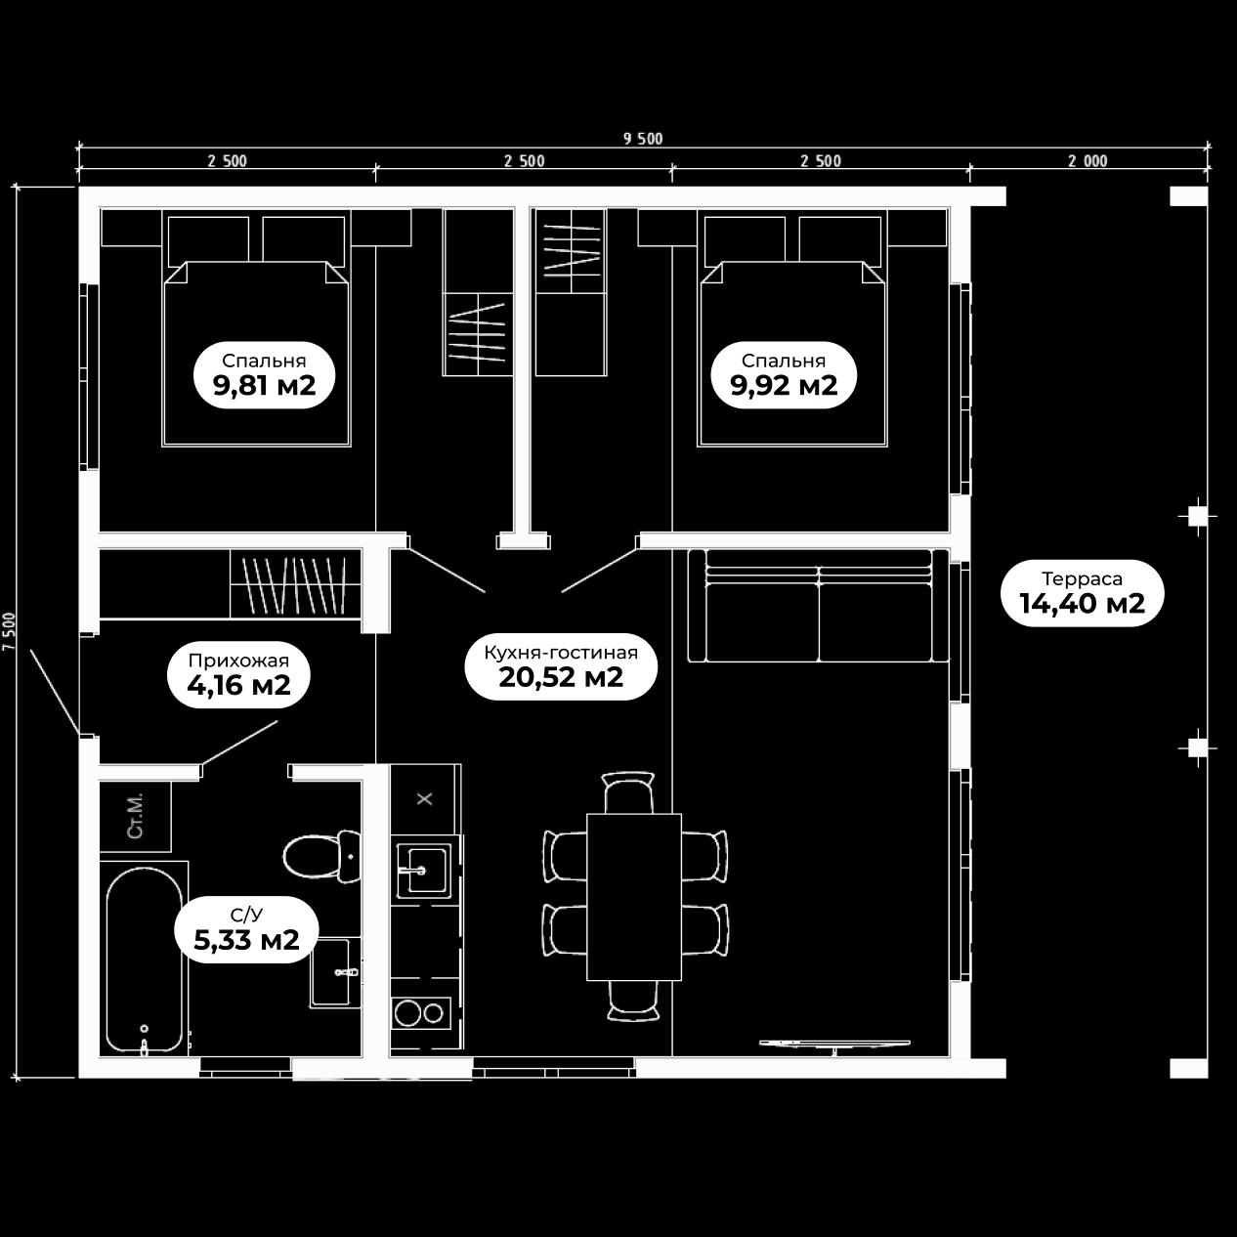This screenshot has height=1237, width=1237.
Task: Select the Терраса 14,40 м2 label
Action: click(1083, 593)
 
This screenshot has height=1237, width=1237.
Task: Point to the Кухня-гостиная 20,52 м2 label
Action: click(561, 666)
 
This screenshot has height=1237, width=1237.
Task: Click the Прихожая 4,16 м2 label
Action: click(238, 674)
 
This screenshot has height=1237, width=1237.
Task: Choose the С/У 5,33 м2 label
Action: click(246, 929)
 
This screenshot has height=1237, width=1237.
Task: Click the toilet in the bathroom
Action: click(321, 856)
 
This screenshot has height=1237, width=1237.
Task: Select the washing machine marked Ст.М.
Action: click(136, 816)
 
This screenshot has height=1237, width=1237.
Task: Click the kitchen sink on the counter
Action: click(423, 871)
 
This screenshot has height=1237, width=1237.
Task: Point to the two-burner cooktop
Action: click(421, 1014)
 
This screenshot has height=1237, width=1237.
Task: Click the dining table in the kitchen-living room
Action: click(634, 897)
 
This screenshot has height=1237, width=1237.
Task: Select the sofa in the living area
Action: click(818, 606)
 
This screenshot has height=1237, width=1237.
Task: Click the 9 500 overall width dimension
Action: click(643, 139)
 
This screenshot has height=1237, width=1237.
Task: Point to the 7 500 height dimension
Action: click(9, 631)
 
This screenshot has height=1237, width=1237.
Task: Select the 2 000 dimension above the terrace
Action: click(1088, 161)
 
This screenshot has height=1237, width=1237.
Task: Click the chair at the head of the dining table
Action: click(629, 792)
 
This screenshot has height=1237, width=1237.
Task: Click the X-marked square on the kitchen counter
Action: click(425, 798)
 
